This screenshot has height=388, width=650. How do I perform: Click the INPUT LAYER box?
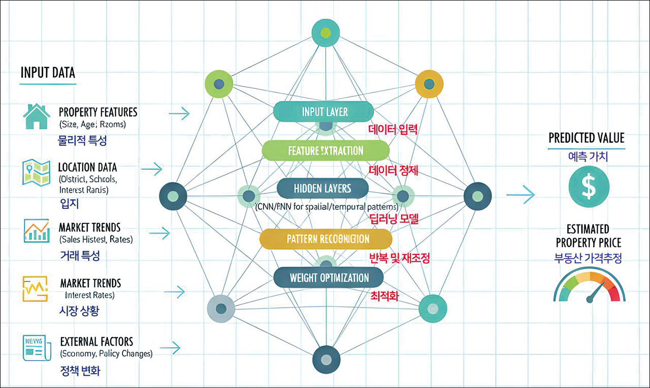tap(323, 112)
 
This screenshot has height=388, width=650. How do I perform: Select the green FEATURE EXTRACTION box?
tap(326, 150)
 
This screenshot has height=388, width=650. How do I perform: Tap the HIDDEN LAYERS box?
tap(322, 188)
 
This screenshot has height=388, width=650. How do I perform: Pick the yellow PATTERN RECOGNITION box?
tap(326, 239)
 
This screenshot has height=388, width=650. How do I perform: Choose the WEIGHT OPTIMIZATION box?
tap(328, 278)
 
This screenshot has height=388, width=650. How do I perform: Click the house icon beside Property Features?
tap(37, 117)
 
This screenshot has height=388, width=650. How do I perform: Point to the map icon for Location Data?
tap(36, 172)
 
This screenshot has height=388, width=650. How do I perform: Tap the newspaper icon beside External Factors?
tap(35, 348)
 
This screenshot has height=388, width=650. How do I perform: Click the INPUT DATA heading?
tap(47, 73)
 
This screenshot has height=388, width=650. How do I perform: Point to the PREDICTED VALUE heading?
tap(587, 138)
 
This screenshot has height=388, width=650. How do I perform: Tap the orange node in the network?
tap(429, 84)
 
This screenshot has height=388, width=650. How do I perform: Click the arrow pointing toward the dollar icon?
tap(521, 194)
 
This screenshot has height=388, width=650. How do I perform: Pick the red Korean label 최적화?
tap(384, 295)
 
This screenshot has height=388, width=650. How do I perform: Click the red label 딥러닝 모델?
tap(394, 219)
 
